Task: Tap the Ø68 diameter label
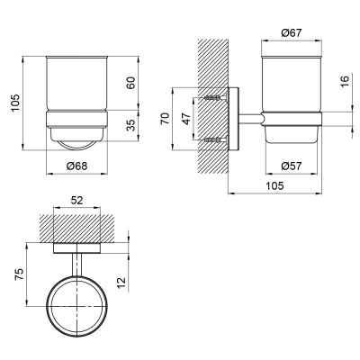(76, 165)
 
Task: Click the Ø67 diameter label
(290, 33)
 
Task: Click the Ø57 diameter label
(290, 165)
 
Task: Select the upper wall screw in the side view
(213, 95)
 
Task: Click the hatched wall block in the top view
(78, 228)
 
